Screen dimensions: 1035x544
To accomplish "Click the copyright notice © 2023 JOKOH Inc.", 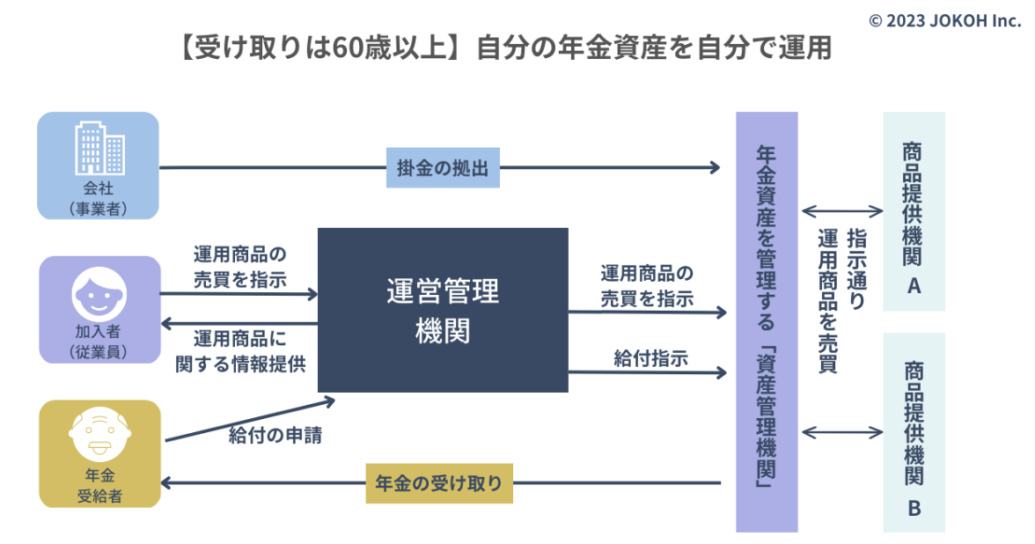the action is pyautogui.click(x=944, y=20).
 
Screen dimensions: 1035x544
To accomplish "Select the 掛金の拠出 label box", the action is pyautogui.click(x=443, y=167).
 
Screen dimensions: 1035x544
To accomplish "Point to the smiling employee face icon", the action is pyautogui.click(x=99, y=294).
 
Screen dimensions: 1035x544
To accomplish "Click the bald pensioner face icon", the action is pyautogui.click(x=99, y=435).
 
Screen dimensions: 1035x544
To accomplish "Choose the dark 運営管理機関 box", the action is pyautogui.click(x=443, y=310).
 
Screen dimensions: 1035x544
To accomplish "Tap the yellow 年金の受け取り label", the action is pyautogui.click(x=439, y=483).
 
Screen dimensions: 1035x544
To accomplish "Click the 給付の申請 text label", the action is pyautogui.click(x=275, y=435).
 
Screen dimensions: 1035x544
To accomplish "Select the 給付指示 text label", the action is pyautogui.click(x=651, y=358).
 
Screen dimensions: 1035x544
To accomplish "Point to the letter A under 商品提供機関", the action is pyautogui.click(x=914, y=286).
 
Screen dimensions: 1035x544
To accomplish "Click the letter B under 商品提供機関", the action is pyautogui.click(x=914, y=509).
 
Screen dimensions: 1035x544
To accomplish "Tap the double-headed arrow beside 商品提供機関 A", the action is pyautogui.click(x=842, y=211).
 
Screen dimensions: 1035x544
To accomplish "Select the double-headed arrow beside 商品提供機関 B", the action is pyautogui.click(x=842, y=432).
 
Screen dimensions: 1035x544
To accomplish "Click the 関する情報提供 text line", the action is pyautogui.click(x=240, y=364).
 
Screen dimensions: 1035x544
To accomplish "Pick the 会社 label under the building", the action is pyautogui.click(x=99, y=188).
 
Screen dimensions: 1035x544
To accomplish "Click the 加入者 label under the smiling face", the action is pyautogui.click(x=99, y=331).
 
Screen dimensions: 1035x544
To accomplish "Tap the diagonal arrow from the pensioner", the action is pyautogui.click(x=250, y=420).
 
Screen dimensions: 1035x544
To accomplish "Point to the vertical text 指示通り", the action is pyautogui.click(x=856, y=268).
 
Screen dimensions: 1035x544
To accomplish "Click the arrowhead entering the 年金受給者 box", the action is pyautogui.click(x=165, y=483).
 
